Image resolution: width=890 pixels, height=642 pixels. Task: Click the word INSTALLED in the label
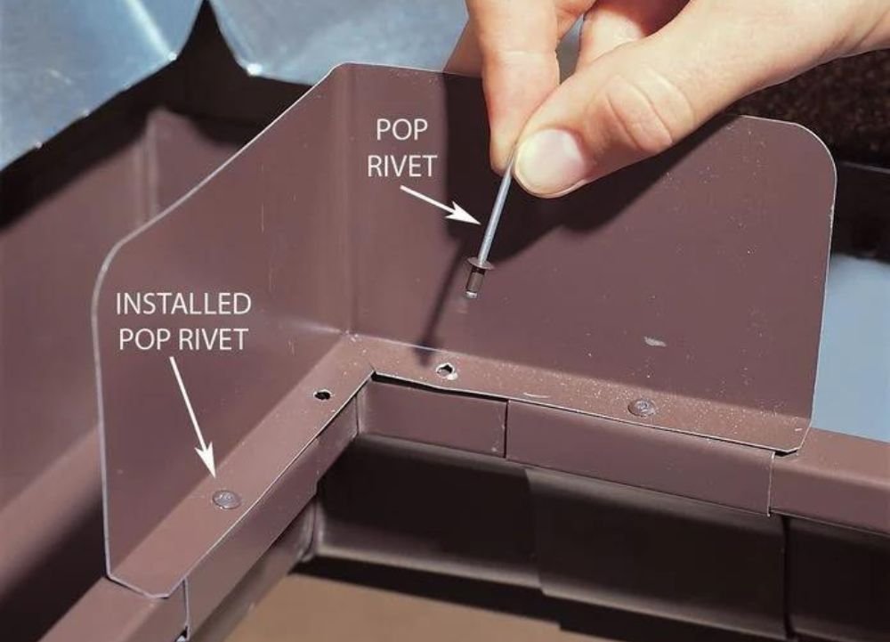pos(183,305)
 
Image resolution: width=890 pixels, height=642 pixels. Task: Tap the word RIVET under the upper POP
pos(401,166)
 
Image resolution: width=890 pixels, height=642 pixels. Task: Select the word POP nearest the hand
pos(401,130)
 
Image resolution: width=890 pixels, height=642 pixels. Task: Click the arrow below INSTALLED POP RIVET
pos(192,418)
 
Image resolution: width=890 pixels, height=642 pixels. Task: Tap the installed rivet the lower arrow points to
pos(226,500)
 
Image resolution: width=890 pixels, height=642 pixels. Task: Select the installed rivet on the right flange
pos(643,406)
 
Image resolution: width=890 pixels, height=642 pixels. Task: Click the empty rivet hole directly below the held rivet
pos(446,371)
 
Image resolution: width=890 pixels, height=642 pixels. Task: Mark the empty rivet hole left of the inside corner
pos(323,394)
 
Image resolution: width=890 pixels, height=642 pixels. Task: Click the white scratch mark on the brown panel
pos(655,342)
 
